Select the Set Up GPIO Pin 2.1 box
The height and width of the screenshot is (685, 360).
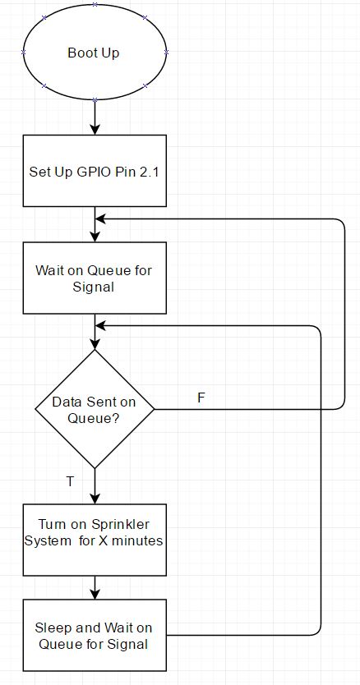95,171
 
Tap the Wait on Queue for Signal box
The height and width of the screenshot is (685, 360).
95,278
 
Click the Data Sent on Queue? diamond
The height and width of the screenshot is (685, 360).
95,409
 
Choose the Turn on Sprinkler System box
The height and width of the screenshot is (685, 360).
95,540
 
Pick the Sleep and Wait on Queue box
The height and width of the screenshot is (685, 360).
95,635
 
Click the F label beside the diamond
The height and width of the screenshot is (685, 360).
201,398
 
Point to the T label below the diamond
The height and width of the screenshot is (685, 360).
71,481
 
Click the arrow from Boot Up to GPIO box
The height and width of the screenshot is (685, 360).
95,117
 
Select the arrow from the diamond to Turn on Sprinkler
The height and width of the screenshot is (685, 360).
95,486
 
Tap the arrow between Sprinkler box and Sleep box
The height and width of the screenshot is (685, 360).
95,587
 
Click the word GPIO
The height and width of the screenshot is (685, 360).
92,172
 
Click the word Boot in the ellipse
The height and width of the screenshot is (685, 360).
79,53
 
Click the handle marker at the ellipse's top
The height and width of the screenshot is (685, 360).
95,4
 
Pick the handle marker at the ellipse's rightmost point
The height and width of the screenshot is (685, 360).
166,52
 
